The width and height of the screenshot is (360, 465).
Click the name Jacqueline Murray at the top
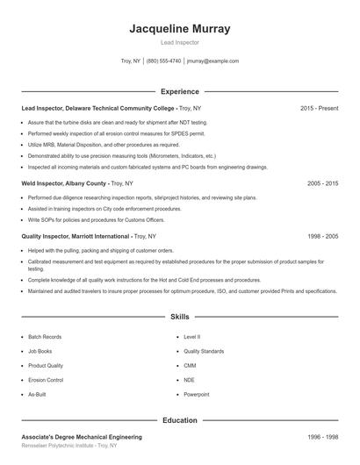pos(180,28)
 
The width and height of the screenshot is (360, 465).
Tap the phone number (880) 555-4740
pos(164,61)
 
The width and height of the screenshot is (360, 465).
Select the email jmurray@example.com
pos(212,61)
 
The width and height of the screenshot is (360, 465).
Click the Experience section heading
pos(180,91)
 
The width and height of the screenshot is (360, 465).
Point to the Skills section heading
pos(180,316)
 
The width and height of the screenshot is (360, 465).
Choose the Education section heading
pos(180,420)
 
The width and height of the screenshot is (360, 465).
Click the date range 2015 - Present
pos(319,108)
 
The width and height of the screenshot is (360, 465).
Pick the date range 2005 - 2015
pos(323,183)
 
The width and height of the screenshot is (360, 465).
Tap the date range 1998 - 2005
pos(323,236)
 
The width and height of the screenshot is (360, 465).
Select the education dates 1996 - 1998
pos(323,437)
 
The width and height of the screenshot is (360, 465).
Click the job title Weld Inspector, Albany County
pos(64,183)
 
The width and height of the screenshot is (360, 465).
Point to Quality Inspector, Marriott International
pos(76,236)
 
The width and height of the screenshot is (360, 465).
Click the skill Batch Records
pos(45,336)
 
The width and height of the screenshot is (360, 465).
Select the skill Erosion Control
pos(46,380)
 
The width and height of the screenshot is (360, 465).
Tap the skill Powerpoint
pos(197,395)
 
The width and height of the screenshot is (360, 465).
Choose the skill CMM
pos(190,365)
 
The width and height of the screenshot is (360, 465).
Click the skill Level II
pos(191,336)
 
